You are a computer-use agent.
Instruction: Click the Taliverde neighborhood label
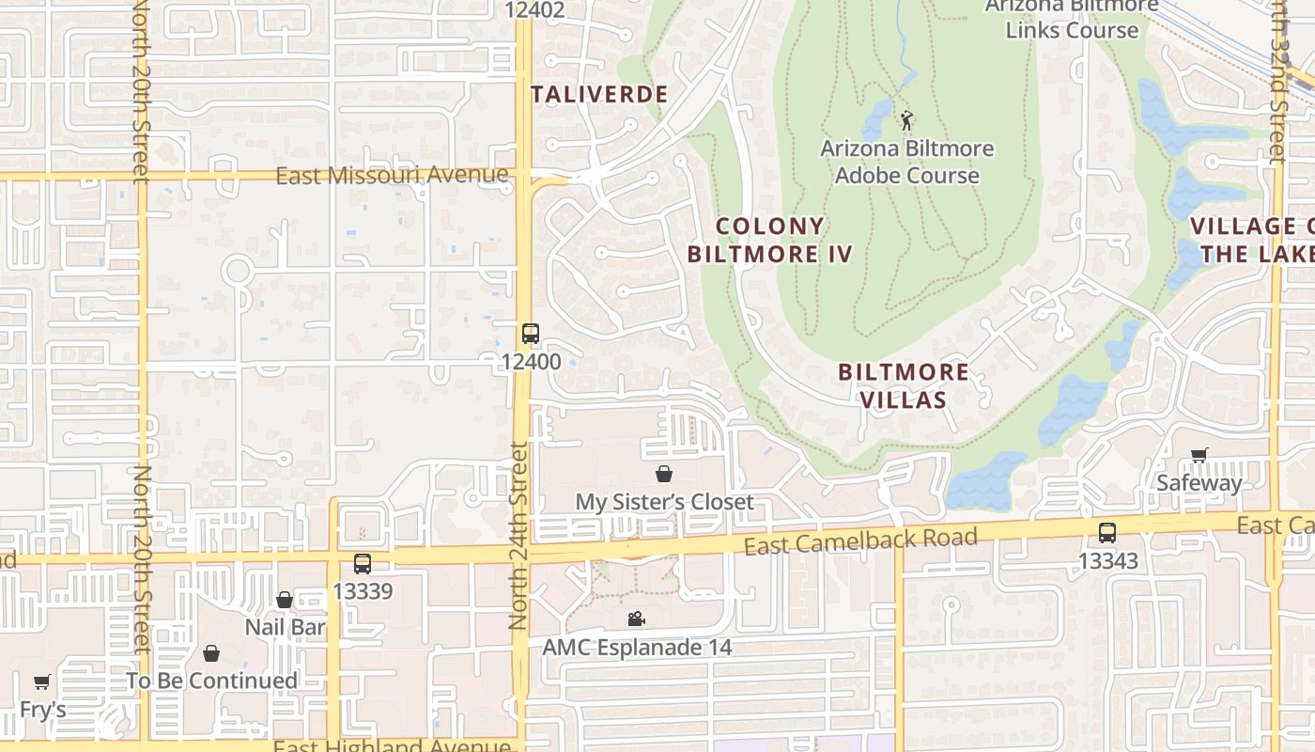pyautogui.click(x=599, y=94)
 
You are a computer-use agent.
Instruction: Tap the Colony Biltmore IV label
pyautogui.click(x=769, y=240)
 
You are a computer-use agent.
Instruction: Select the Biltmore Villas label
pyautogui.click(x=903, y=385)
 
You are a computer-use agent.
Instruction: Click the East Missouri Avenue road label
pyautogui.click(x=392, y=175)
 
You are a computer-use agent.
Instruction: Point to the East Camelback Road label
pyautogui.click(x=860, y=540)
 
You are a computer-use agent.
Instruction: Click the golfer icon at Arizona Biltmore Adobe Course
pyautogui.click(x=906, y=120)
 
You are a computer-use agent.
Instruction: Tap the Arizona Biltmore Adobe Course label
pyautogui.click(x=906, y=162)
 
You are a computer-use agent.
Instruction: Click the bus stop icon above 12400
pyautogui.click(x=531, y=334)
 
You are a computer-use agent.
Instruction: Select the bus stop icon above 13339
pyautogui.click(x=363, y=564)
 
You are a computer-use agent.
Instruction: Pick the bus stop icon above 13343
pyautogui.click(x=1107, y=533)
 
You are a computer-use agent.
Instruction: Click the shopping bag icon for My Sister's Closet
pyautogui.click(x=664, y=474)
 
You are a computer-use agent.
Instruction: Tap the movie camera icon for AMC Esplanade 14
pyautogui.click(x=636, y=619)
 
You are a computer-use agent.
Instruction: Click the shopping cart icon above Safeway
pyautogui.click(x=1199, y=456)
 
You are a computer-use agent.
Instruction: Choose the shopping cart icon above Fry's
pyautogui.click(x=41, y=682)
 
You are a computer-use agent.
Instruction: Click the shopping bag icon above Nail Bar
pyautogui.click(x=285, y=600)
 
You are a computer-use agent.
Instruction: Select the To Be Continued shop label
pyautogui.click(x=211, y=680)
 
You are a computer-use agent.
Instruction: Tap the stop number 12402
pyautogui.click(x=534, y=10)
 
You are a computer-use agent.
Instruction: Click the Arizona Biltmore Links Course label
pyautogui.click(x=1072, y=19)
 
